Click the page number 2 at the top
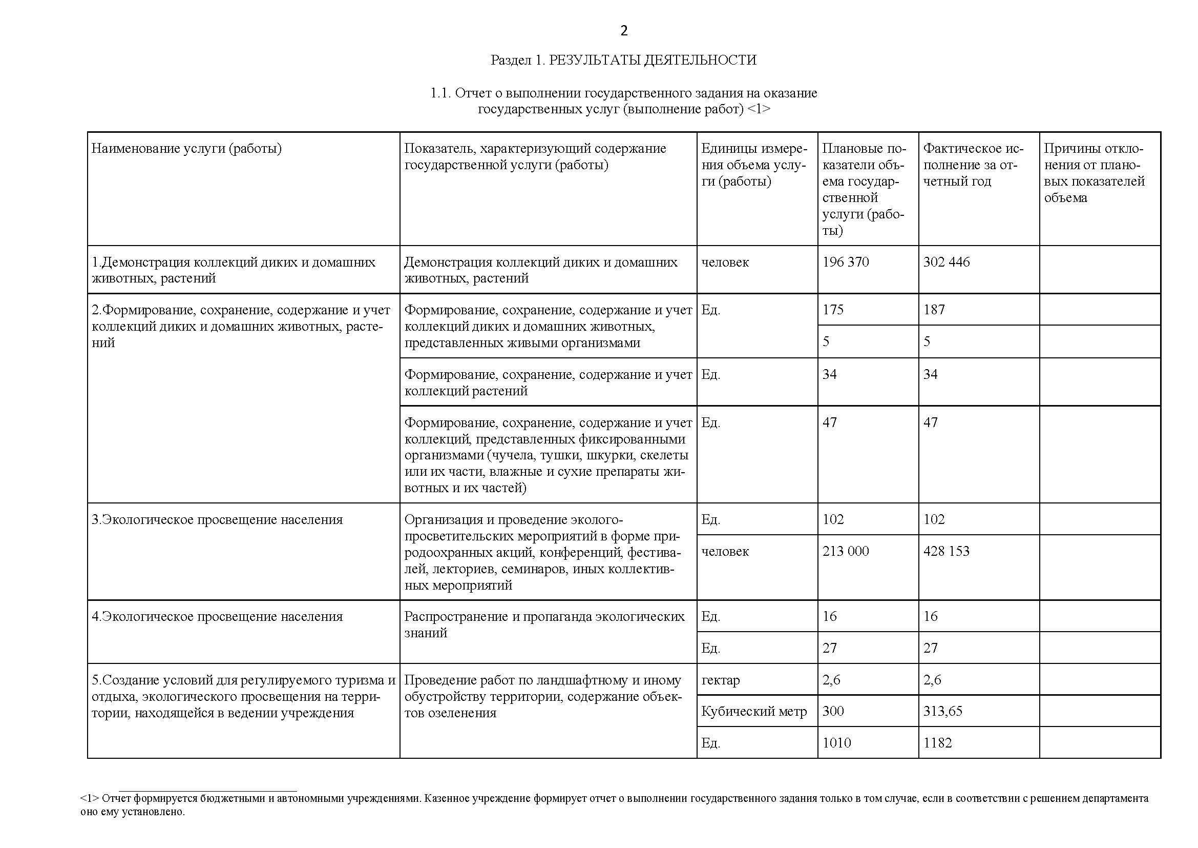pyautogui.click(x=624, y=31)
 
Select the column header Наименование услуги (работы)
pyautogui.click(x=186, y=149)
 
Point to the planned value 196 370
pyautogui.click(x=845, y=262)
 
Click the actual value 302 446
pyautogui.click(x=946, y=262)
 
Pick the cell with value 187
pyautogui.click(x=934, y=310)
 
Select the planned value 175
pyautogui.click(x=833, y=310)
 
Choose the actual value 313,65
pyautogui.click(x=942, y=711)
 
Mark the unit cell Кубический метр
pyautogui.click(x=753, y=711)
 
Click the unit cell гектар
pyautogui.click(x=720, y=680)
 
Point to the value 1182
pyautogui.click(x=937, y=743)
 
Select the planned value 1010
pyautogui.click(x=836, y=743)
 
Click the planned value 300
pyautogui.click(x=833, y=711)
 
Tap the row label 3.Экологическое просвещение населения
pyautogui.click(x=217, y=519)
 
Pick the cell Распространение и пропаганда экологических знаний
pyautogui.click(x=544, y=624)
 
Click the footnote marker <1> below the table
pyautogui.click(x=89, y=798)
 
